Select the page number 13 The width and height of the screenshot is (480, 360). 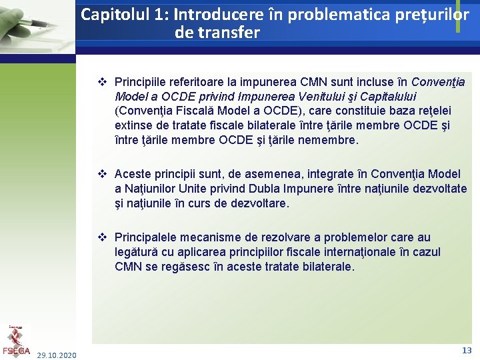pos(467,350)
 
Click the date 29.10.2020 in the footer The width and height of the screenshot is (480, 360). pos(57,355)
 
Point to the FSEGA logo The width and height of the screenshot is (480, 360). pos(16,341)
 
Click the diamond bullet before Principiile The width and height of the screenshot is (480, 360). pos(103,82)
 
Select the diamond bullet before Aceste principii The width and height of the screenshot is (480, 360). pos(103,174)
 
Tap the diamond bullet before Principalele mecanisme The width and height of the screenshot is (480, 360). pos(103,237)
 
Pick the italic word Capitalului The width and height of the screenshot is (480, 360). pos(387,97)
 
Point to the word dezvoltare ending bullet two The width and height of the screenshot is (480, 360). pos(258,203)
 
